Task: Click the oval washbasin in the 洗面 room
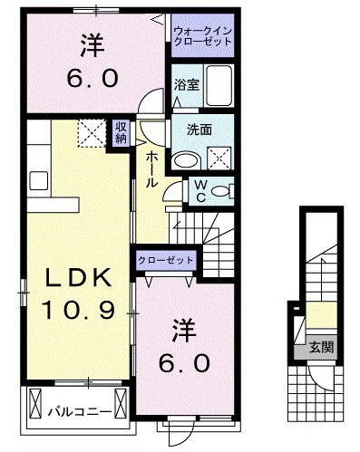186,161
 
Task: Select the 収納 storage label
121,133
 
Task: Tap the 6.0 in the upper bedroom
91,79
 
